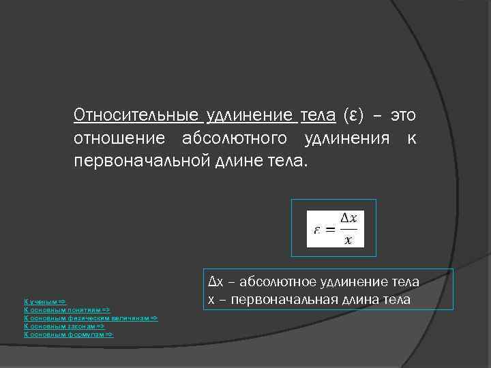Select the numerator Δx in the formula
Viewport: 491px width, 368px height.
click(x=348, y=218)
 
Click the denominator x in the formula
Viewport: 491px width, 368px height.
click(x=348, y=239)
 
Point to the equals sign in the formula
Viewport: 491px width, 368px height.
click(x=330, y=230)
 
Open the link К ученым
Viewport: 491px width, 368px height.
click(x=44, y=301)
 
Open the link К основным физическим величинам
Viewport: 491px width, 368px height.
click(x=91, y=318)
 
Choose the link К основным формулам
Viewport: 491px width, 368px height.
click(x=68, y=335)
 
